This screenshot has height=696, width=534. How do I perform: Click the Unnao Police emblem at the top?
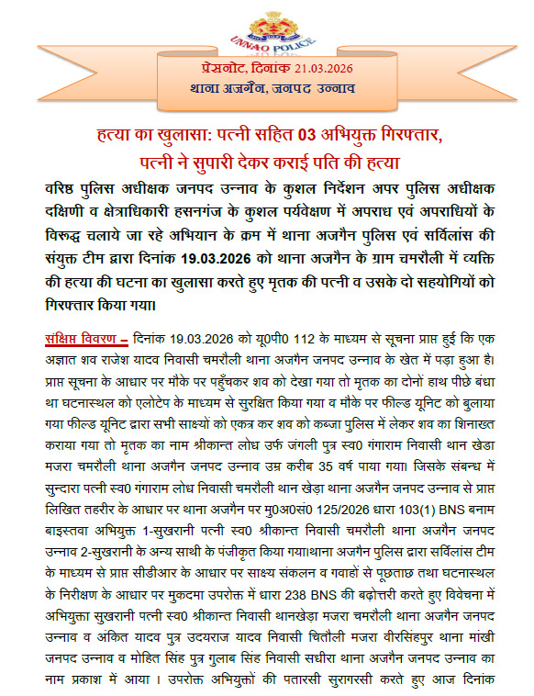coord(267,27)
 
